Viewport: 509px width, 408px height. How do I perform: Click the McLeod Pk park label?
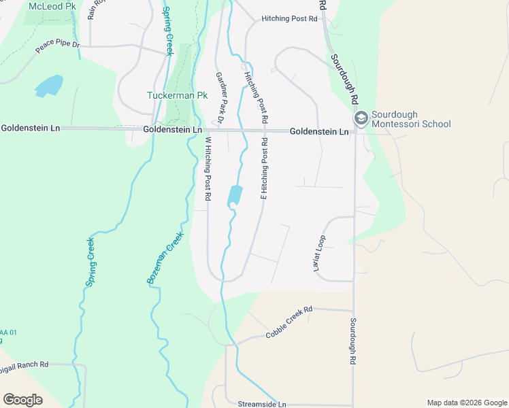52,6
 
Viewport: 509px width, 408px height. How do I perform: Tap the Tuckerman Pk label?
177,96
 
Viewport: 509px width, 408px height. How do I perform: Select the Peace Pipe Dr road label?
57,46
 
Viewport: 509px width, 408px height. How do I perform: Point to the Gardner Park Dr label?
220,99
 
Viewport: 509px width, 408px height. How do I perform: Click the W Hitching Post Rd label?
208,169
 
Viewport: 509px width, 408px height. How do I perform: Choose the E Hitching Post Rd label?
264,169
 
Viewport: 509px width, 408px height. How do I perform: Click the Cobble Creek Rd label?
289,322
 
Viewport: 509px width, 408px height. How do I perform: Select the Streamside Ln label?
263,404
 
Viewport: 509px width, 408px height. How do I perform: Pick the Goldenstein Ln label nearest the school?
319,131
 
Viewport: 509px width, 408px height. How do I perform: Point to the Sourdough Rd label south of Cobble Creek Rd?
354,343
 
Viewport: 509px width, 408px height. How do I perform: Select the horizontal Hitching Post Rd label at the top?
290,19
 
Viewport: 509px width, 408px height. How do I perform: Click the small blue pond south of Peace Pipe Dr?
48,86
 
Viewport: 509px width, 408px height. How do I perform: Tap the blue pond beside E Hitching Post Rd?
235,195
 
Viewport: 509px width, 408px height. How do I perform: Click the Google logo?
22,400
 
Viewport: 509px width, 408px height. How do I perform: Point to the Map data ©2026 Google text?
466,403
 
